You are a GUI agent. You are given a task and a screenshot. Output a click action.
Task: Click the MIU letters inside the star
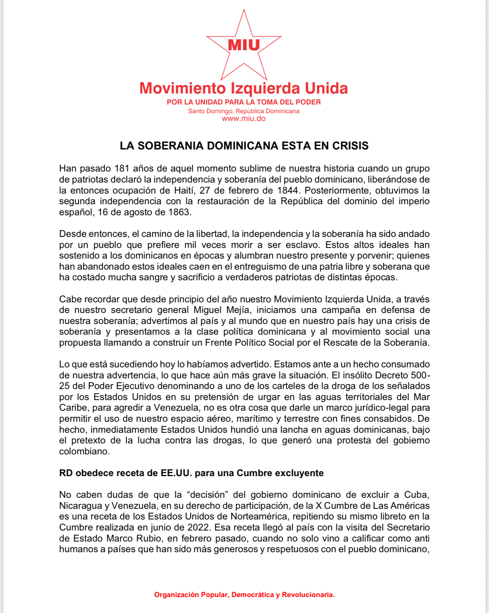click(244, 45)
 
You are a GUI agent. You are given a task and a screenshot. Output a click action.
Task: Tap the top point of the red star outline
click(244, 11)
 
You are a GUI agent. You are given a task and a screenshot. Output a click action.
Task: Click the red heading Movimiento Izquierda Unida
click(244, 88)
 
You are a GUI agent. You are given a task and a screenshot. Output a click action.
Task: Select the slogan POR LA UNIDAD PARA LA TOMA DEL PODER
click(244, 102)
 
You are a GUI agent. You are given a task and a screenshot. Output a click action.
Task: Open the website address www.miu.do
click(244, 119)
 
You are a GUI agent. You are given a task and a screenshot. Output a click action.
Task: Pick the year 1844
click(288, 190)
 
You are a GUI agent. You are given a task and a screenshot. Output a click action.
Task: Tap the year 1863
click(179, 212)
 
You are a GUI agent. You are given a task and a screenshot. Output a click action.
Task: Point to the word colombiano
click(84, 451)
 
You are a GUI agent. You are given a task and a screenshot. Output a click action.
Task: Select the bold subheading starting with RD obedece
click(191, 473)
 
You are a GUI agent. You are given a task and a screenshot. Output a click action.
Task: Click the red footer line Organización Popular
click(244, 595)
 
